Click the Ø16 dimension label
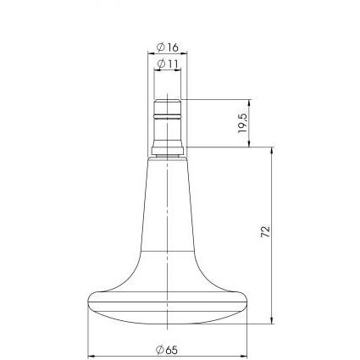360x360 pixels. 168,47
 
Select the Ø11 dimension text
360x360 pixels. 168,64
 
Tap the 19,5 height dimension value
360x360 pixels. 242,124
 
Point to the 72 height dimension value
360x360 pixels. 266,231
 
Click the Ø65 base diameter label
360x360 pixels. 167,350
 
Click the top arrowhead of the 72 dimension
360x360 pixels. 272,151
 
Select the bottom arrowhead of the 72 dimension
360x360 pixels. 272,320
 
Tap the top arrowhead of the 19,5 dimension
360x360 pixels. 249,102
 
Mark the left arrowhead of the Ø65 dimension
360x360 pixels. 91,357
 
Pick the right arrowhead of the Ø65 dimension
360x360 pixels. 244,357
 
